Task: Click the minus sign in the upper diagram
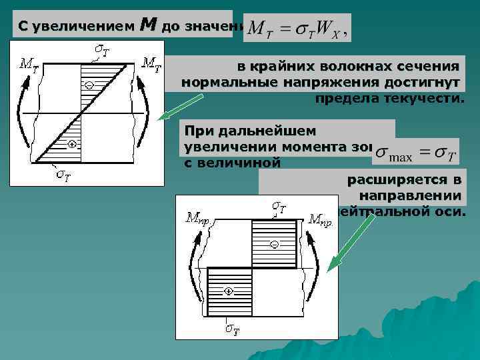89,84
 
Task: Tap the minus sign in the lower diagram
273,245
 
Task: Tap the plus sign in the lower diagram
228,291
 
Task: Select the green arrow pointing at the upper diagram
179,107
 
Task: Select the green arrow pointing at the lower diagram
354,240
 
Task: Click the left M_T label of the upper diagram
29,64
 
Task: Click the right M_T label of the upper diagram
152,63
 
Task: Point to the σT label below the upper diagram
63,175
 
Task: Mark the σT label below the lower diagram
232,329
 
